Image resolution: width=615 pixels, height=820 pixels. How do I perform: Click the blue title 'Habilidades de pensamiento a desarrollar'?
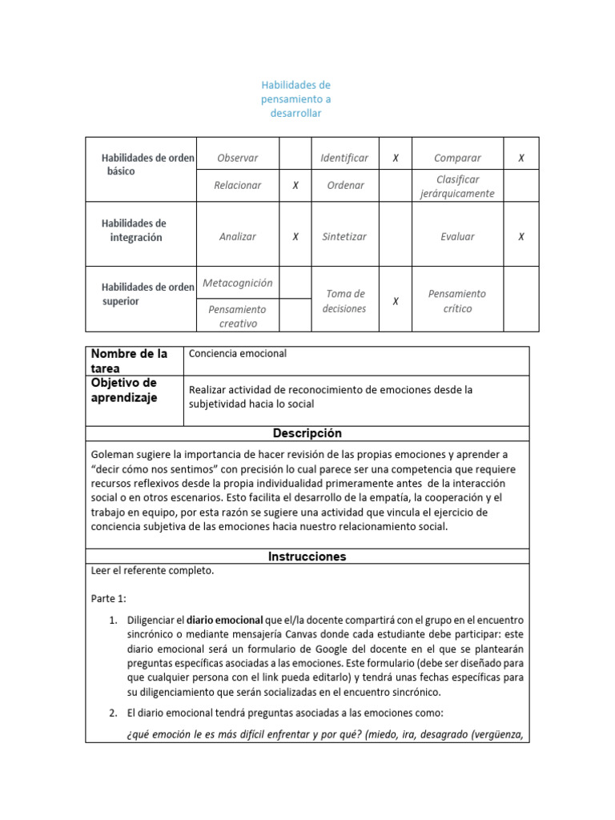coord(295,99)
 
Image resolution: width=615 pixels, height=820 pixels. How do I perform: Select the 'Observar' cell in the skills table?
coord(237,158)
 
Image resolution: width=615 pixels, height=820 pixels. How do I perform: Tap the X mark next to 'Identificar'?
coord(395,158)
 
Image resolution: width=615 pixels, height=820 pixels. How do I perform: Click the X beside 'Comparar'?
coord(521,158)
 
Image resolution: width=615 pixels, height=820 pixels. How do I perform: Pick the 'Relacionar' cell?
coord(237,185)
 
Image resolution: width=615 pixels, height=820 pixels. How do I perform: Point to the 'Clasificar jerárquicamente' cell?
coord(457,186)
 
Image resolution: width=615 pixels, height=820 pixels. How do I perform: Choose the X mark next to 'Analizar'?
coord(295,236)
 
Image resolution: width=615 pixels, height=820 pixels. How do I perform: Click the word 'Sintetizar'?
coord(344,236)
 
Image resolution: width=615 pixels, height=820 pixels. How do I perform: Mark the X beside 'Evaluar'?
coord(521,236)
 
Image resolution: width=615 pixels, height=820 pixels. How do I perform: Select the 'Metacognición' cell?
coord(237,283)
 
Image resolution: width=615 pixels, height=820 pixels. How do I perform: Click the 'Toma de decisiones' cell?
coord(345,301)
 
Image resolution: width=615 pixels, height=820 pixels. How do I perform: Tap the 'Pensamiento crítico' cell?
coord(457,301)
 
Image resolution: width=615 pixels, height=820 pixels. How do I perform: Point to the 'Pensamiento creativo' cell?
coord(237,316)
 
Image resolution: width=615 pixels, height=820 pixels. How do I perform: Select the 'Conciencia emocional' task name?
coord(238,353)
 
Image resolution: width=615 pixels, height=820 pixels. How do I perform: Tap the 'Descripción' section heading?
coord(307,433)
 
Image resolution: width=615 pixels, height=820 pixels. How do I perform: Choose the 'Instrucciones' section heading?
coord(307,556)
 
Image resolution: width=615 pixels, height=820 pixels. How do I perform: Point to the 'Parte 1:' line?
coord(110,597)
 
